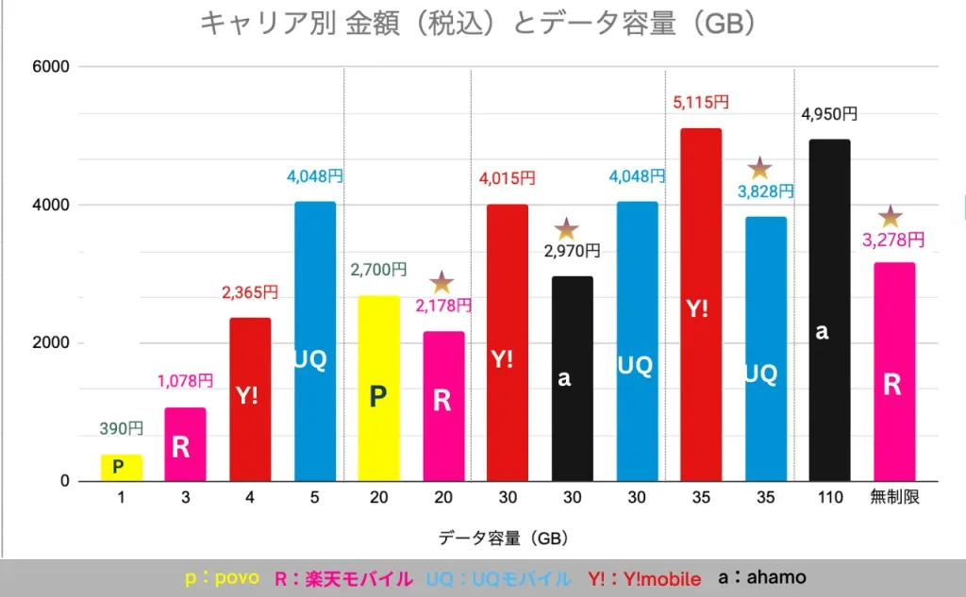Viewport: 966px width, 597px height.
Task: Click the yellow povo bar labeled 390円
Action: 122,467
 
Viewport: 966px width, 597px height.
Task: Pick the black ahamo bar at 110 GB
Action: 824,310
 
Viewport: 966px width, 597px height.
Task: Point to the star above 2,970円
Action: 566,228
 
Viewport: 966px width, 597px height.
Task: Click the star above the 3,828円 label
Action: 759,169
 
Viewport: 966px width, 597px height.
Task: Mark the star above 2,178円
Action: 441,282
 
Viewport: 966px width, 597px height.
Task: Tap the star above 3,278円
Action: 891,216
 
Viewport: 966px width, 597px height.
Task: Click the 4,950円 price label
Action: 829,114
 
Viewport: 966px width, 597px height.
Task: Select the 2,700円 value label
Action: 378,270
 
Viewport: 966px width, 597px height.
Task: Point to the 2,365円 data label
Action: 250,293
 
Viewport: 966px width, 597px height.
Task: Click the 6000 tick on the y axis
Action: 51,67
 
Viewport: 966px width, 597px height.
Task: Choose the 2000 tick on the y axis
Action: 51,343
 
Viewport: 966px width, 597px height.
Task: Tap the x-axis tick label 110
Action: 824,497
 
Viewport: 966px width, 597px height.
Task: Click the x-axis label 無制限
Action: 891,497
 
